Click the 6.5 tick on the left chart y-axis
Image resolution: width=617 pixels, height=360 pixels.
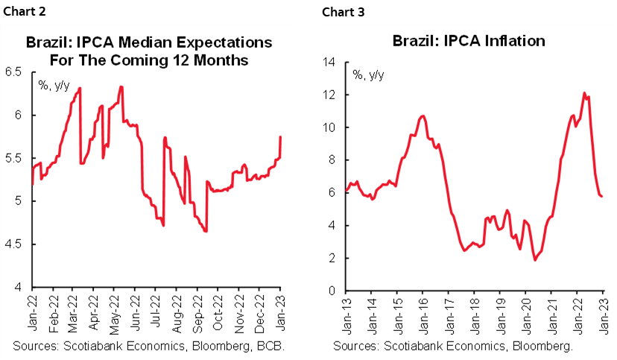(x=15, y=72)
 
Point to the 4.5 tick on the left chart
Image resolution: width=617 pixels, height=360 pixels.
(x=15, y=244)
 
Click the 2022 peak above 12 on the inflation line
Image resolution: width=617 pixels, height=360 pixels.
(x=584, y=93)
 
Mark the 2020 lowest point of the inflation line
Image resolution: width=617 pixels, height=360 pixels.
(x=535, y=260)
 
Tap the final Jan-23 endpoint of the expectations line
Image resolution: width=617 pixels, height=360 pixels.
(x=280, y=136)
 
